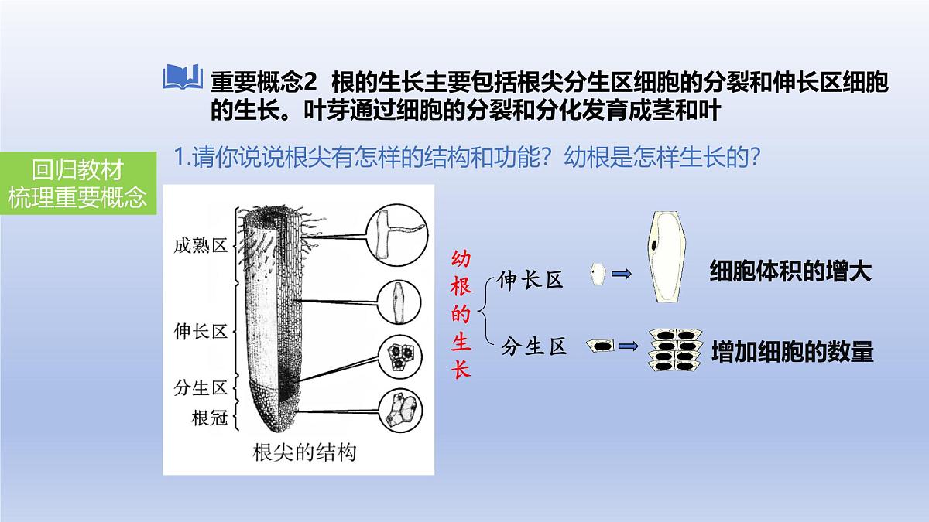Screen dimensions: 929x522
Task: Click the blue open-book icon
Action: point(183,77)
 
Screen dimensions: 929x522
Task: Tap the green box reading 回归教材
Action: point(78,183)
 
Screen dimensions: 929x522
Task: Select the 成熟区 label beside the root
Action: point(201,246)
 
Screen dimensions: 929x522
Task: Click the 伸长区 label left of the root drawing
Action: point(201,332)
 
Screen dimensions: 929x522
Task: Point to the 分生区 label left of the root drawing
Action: point(201,387)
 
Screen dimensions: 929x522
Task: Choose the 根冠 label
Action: point(210,418)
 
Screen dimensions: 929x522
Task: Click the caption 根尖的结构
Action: point(304,452)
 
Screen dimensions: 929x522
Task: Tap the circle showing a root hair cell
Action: point(397,235)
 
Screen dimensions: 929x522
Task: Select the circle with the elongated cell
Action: point(399,302)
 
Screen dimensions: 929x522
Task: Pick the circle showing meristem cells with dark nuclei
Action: point(400,357)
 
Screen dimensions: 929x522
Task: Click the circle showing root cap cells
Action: point(401,411)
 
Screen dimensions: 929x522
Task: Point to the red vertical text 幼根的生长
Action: point(461,314)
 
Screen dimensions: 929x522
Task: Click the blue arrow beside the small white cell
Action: point(621,274)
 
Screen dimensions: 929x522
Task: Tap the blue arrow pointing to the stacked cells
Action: point(628,346)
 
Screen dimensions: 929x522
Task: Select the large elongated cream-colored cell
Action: point(665,257)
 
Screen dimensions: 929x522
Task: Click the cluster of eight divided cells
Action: point(675,350)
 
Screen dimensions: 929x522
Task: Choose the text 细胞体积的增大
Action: point(790,271)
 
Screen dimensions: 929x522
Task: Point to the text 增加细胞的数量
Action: point(793,352)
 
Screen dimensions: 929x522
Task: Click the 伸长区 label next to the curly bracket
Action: point(530,280)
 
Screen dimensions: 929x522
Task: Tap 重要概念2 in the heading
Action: point(264,83)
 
